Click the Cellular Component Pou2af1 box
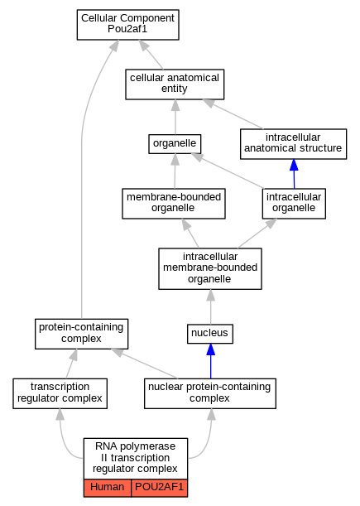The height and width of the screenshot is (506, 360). click(127, 25)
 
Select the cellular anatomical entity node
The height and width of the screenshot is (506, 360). click(175, 84)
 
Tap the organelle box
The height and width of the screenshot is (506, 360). click(175, 144)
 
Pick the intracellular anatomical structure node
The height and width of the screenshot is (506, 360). click(293, 144)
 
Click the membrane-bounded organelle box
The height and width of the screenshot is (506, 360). click(174, 204)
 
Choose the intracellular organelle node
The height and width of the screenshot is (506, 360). click(294, 204)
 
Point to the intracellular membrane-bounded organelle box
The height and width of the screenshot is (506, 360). click(210, 269)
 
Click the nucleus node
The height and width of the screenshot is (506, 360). click(210, 334)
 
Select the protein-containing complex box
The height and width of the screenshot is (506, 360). click(81, 334)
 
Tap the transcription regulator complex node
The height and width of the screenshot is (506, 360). click(60, 393)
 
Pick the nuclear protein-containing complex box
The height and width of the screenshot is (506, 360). click(210, 393)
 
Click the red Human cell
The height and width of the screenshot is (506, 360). click(108, 488)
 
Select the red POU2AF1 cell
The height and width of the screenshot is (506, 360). click(160, 488)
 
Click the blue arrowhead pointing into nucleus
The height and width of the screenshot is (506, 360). click(211, 349)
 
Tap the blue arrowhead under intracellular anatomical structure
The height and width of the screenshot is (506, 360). click(294, 166)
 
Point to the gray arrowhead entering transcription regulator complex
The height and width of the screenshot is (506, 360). click(60, 415)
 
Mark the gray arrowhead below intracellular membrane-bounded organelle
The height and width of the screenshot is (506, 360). click(211, 296)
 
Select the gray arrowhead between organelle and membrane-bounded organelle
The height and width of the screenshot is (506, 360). click(175, 160)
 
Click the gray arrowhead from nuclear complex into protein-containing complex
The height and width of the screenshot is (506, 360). click(117, 353)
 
